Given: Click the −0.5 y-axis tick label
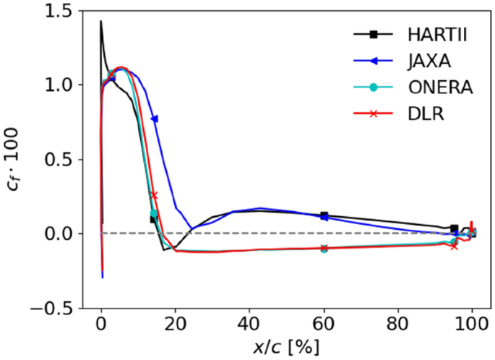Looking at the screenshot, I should (x=64, y=307).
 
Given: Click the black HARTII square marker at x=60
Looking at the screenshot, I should (x=324, y=215).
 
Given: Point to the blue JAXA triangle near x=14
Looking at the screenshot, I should (x=154, y=119).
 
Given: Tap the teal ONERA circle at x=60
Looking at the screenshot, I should (x=324, y=249).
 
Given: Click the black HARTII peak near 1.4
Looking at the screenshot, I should (x=100, y=21).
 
